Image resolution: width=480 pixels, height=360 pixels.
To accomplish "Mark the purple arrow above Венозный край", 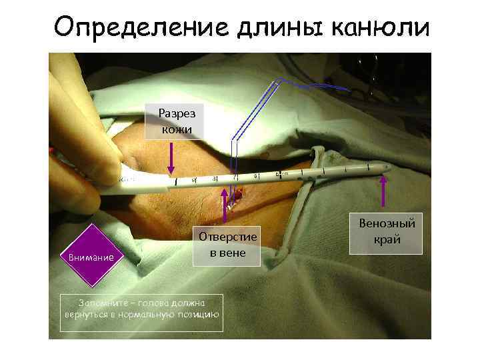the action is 383,193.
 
